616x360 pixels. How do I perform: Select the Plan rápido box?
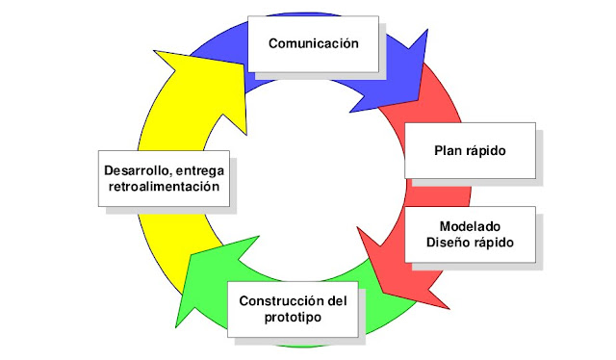[469, 151]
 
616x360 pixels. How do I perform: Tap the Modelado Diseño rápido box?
[469, 234]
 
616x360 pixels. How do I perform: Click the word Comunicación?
[313, 43]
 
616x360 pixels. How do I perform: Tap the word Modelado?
[469, 225]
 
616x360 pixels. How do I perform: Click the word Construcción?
[278, 299]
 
